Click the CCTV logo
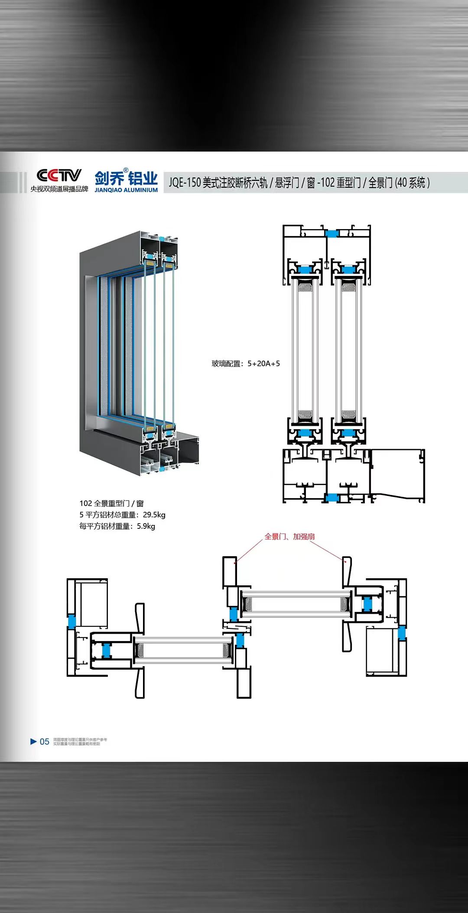point(59,175)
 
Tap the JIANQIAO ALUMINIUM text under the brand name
point(126,190)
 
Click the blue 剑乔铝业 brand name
point(126,178)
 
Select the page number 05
point(45,741)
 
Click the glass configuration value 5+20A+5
point(263,364)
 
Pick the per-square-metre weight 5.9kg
point(146,526)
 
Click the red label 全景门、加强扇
point(289,537)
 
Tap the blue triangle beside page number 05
point(33,741)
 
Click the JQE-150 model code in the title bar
point(185,183)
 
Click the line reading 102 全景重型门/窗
point(111,503)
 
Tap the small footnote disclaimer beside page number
point(80,741)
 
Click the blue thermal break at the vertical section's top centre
point(331,233)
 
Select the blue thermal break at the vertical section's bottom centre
point(332,498)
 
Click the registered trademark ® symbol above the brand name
point(126,170)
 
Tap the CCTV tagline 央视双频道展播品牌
point(59,189)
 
